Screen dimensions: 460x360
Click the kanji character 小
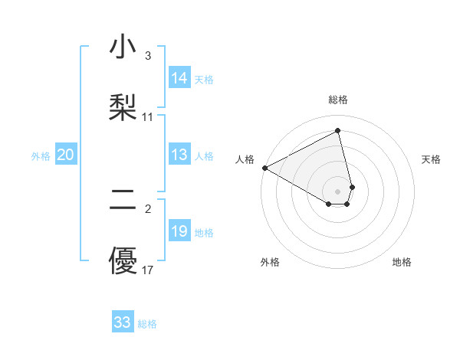point(123,47)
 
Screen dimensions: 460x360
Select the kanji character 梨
point(123,105)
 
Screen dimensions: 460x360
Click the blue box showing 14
point(179,78)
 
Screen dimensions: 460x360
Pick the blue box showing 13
point(179,155)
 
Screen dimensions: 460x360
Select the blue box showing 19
point(179,232)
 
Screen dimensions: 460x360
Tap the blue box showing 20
point(66,155)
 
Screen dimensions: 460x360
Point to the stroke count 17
point(148,270)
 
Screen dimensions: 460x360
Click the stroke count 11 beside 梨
point(148,116)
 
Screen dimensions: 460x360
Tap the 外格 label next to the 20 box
point(41,156)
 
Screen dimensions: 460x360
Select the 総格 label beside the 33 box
point(147,324)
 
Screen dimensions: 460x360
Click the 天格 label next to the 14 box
point(204,79)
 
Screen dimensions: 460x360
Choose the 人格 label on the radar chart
point(245,159)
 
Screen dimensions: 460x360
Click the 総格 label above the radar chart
point(338,100)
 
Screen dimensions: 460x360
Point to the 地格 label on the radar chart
point(402,262)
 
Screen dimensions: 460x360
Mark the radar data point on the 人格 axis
point(264,168)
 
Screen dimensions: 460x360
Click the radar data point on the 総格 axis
point(338,130)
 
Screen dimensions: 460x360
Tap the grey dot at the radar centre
point(338,191)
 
